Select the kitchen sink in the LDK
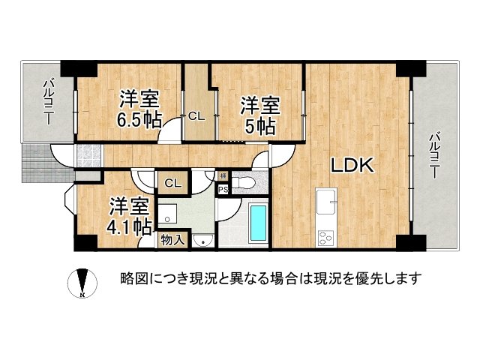[328, 202]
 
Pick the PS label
[223, 190]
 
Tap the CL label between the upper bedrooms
[196, 116]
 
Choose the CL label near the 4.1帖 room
[172, 183]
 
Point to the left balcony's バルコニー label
[46, 102]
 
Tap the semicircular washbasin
[201, 240]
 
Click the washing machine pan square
[169, 212]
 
